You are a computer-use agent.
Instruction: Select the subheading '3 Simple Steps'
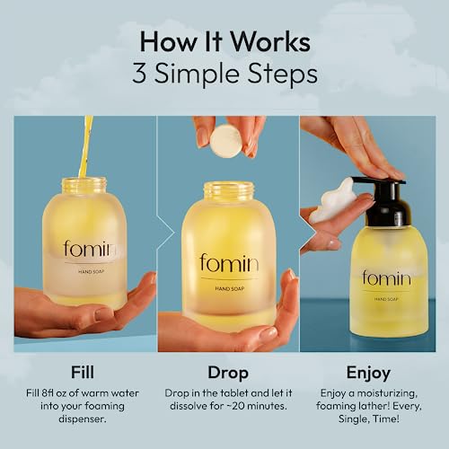click(x=224, y=74)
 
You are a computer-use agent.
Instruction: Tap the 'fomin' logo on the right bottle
click(x=386, y=277)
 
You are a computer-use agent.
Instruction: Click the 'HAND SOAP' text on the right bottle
click(x=387, y=298)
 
